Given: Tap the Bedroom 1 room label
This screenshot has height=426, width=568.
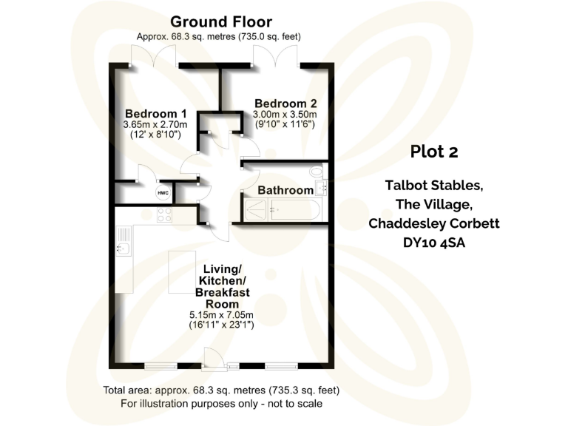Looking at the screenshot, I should (x=155, y=113).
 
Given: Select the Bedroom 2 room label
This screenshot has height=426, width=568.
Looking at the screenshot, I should (x=285, y=103).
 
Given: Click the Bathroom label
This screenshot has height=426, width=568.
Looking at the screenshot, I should (x=285, y=190).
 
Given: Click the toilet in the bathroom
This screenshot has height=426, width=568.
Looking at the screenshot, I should (x=318, y=172).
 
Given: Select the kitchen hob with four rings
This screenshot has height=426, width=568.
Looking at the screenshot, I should (x=164, y=215).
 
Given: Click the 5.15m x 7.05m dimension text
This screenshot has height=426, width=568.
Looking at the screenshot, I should (x=222, y=315).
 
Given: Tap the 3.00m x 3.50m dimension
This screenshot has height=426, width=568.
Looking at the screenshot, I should (x=285, y=114).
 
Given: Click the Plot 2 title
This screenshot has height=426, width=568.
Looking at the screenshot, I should (x=434, y=152).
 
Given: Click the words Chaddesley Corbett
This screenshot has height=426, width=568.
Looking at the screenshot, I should (x=434, y=223).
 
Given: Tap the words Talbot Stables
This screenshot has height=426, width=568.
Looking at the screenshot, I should (x=434, y=185).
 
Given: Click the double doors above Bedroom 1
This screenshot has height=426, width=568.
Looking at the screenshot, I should (x=152, y=58).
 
